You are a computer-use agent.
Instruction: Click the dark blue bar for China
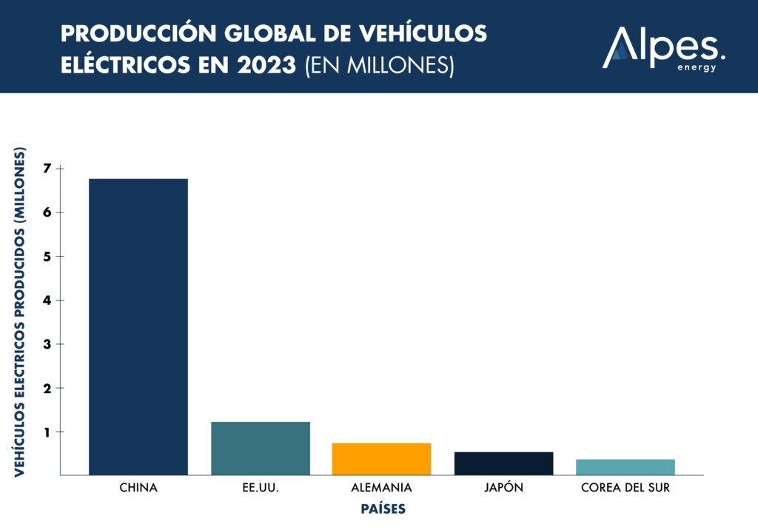tap(138, 326)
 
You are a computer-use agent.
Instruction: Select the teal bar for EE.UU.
tap(261, 449)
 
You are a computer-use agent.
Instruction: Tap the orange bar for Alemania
tap(381, 459)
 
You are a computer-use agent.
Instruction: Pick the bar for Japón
tap(503, 463)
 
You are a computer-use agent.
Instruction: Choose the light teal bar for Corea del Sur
tap(625, 467)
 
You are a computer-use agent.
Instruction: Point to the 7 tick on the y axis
tap(48, 169)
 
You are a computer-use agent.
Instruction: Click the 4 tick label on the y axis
tap(48, 301)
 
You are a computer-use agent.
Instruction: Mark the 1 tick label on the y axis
tap(48, 432)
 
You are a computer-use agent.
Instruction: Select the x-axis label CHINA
tap(138, 489)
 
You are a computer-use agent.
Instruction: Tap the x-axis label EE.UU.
tap(261, 489)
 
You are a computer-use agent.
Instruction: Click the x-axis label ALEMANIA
tap(381, 489)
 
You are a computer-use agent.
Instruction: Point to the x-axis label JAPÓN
tap(503, 489)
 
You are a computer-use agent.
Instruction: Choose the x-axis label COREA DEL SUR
tap(625, 489)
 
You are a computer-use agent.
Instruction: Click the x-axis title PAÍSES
tap(383, 509)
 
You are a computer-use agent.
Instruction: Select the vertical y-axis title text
tap(21, 311)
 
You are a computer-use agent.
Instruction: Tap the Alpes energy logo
tap(663, 48)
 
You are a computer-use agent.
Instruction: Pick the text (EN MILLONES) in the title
tap(378, 65)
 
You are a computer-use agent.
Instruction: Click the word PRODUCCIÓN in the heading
tap(126, 33)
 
